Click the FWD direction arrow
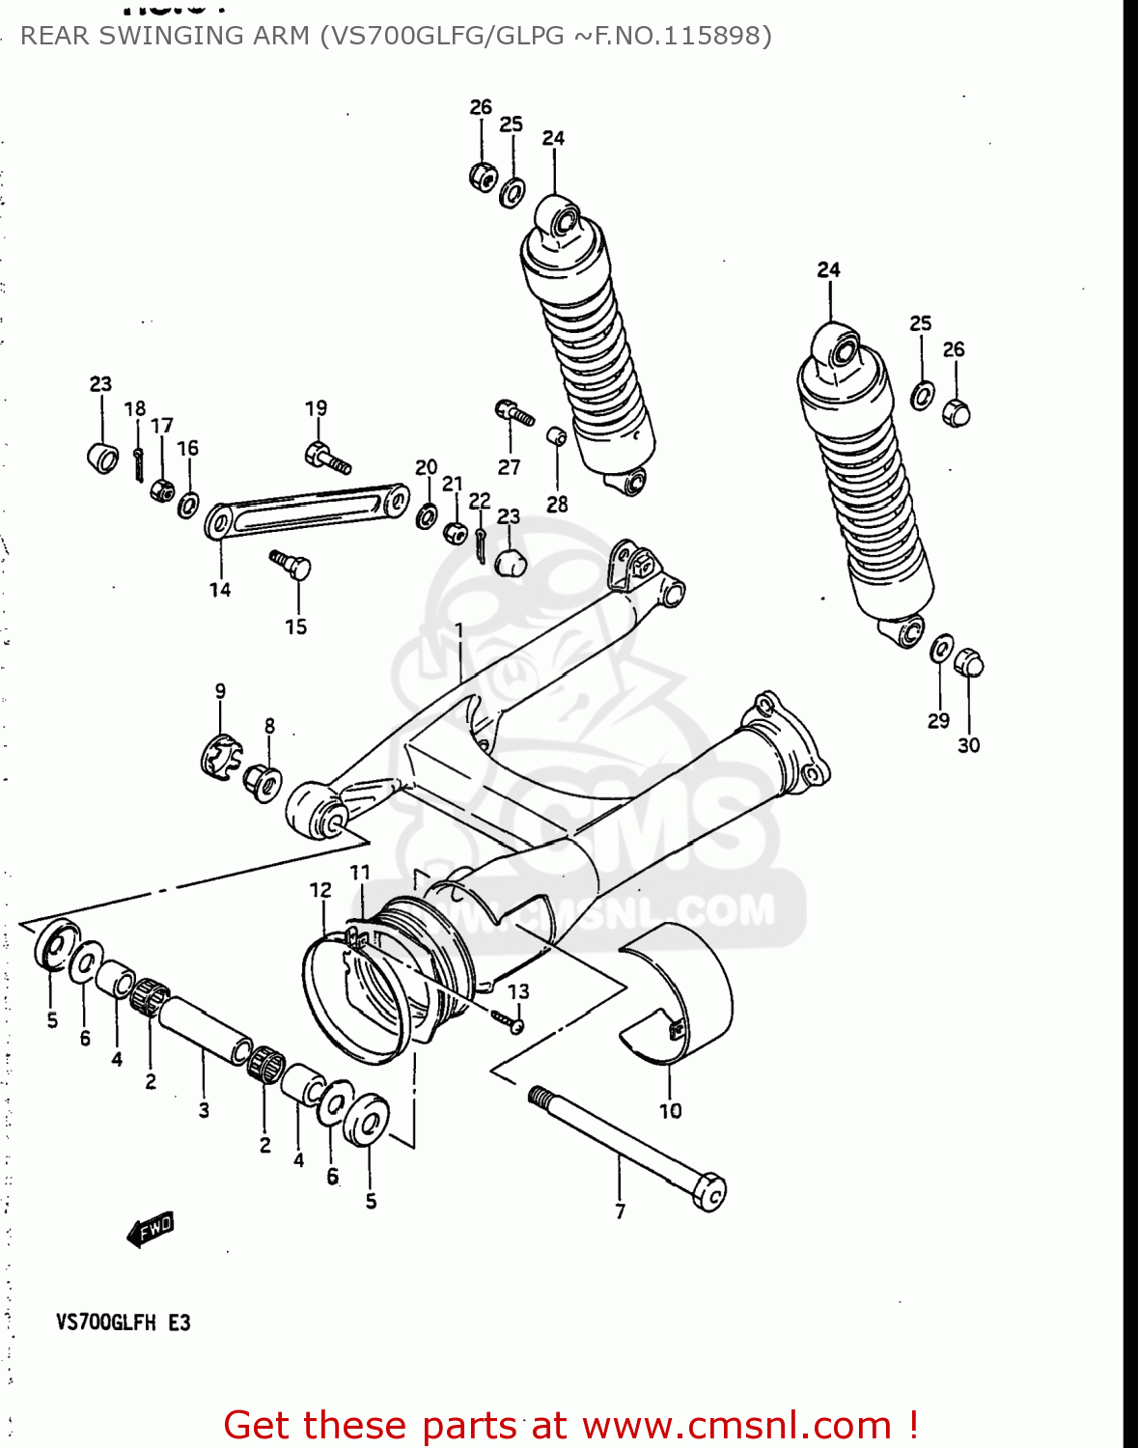(x=151, y=1230)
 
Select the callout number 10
(x=670, y=1111)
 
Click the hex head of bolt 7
(x=709, y=1193)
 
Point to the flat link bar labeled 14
(x=305, y=510)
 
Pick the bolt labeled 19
(x=326, y=458)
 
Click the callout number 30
(x=968, y=745)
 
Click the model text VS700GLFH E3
(x=123, y=1323)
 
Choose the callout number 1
(x=459, y=630)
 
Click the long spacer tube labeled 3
(x=205, y=1031)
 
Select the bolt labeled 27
(x=514, y=413)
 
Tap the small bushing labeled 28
(x=557, y=436)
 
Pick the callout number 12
(x=320, y=890)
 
